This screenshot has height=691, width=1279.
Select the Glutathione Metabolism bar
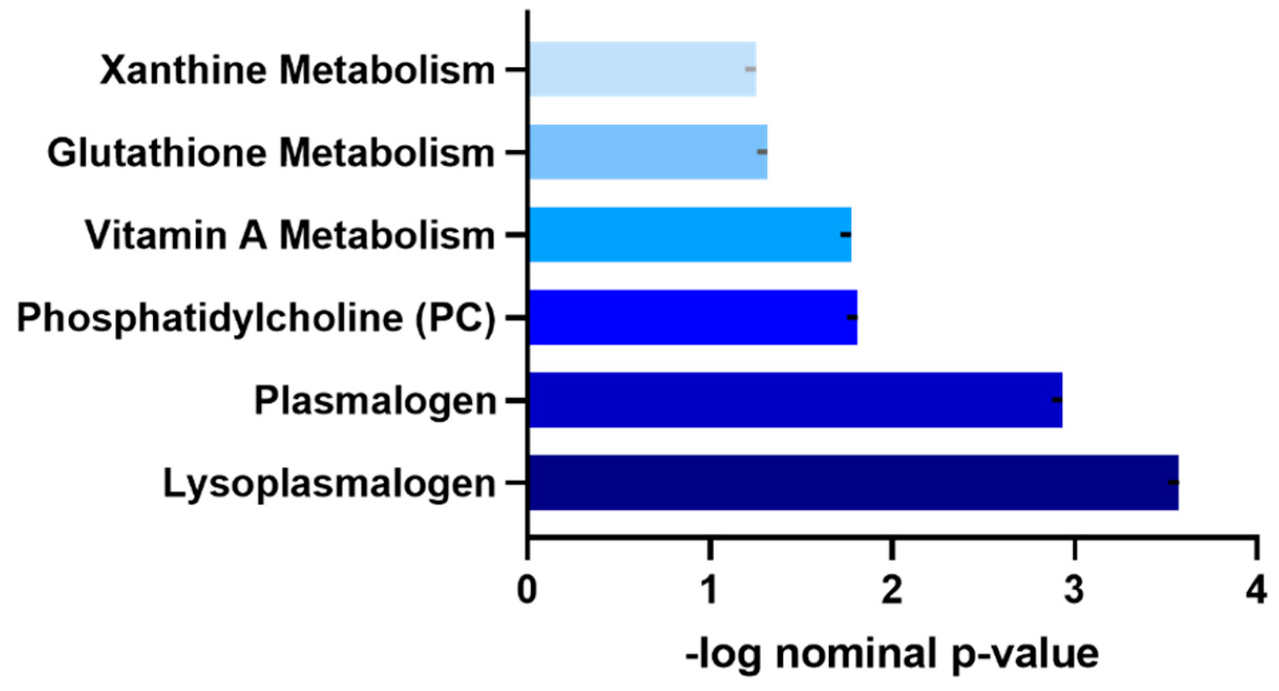click(648, 152)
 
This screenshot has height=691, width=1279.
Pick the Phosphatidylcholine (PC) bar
click(692, 317)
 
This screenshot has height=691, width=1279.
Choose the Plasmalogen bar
click(795, 400)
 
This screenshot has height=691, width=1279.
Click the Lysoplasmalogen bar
click(853, 482)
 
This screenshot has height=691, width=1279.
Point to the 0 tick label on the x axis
click(526, 590)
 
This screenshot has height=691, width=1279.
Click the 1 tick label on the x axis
click(709, 590)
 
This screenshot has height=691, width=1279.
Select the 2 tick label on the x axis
click(892, 590)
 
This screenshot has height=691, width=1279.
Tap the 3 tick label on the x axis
click(1074, 590)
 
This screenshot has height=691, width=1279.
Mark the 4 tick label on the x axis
click(1256, 590)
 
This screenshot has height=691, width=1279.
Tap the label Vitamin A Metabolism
click(290, 235)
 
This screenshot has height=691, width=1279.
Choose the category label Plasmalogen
click(375, 401)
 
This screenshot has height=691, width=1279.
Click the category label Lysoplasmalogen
click(329, 483)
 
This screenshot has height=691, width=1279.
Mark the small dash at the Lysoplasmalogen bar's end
click(1173, 482)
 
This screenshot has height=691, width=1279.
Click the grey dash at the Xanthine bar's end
click(751, 69)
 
